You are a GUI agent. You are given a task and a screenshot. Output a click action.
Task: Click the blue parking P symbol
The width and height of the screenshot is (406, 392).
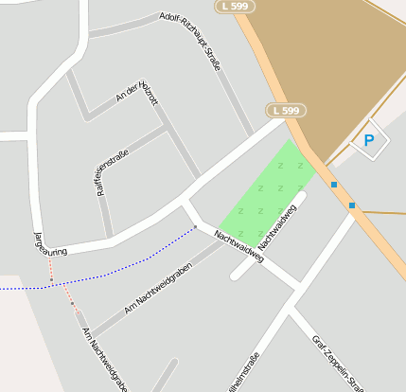click(x=369, y=142)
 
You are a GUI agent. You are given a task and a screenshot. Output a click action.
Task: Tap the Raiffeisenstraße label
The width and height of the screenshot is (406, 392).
click(x=113, y=167)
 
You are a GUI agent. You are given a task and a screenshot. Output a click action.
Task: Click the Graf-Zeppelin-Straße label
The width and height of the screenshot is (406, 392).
click(x=338, y=363)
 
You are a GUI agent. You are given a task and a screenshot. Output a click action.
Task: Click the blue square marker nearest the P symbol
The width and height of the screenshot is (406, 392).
click(x=334, y=185)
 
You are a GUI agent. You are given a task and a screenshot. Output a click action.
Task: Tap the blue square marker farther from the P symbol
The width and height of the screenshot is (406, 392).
click(x=352, y=205)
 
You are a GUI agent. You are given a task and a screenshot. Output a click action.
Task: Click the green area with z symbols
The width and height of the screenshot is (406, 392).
click(x=265, y=189)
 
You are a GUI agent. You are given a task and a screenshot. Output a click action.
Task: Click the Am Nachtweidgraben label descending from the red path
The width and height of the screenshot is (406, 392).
click(x=105, y=359)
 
